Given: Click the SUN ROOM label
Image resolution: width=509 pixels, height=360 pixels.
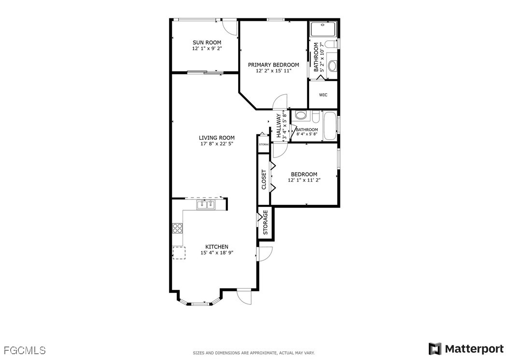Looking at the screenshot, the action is (207, 42).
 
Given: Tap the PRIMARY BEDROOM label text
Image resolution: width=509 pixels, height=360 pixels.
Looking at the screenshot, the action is (273, 65).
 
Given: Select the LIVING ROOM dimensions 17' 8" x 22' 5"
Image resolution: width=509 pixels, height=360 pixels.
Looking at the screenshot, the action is (216, 144).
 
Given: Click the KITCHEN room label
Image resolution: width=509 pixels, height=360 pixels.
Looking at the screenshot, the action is (216, 246).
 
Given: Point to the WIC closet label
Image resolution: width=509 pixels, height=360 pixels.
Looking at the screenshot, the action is (323, 95).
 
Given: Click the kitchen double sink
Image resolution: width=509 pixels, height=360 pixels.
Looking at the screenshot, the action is (206, 205).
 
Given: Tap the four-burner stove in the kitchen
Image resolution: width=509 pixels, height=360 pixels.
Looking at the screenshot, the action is (177, 228).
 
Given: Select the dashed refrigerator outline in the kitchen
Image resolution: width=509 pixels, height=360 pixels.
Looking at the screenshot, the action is (179, 253).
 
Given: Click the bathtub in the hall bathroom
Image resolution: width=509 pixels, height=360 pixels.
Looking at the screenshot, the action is (330, 126).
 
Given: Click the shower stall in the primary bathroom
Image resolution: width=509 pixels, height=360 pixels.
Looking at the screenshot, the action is (324, 29).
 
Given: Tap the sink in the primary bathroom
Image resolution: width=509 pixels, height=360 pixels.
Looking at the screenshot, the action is (332, 66).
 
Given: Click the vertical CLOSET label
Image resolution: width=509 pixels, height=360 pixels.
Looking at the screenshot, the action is (264, 180).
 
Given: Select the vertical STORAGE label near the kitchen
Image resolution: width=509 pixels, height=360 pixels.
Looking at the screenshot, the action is (265, 222).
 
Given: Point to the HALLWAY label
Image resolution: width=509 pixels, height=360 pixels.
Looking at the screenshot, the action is (279, 126).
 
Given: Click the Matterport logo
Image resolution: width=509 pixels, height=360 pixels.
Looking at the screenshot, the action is (466, 349).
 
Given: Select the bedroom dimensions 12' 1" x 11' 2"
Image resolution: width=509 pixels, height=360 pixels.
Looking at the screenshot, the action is (304, 180).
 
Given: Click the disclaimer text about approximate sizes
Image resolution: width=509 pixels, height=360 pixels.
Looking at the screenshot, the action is (254, 353).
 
